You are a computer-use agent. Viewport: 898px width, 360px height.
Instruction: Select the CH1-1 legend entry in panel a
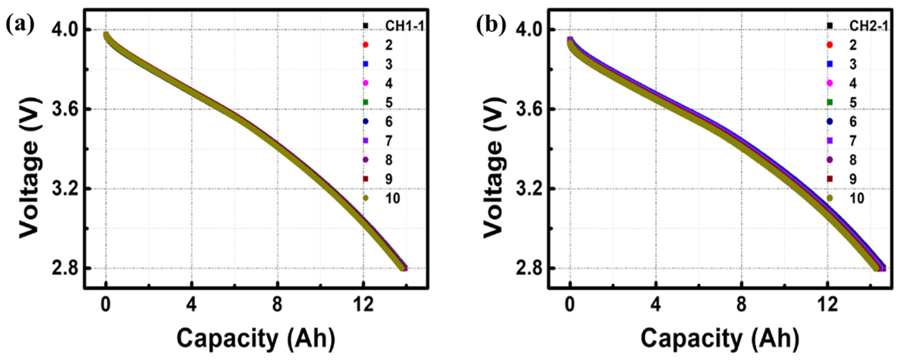point(404,26)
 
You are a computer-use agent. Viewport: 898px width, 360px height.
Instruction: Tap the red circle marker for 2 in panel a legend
point(365,45)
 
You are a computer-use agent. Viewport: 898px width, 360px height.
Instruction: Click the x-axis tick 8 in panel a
point(277,305)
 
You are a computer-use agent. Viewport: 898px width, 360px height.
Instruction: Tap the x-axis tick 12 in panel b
point(827,305)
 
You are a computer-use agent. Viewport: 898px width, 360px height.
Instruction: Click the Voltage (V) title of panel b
point(493,167)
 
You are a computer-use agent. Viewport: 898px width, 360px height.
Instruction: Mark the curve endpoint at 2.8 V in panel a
point(404,268)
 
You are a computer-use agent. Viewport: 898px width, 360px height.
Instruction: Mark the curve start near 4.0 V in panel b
point(570,41)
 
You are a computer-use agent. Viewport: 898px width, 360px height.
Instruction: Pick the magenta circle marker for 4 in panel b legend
point(830,83)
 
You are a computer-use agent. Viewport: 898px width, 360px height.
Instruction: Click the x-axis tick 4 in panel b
point(656,305)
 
